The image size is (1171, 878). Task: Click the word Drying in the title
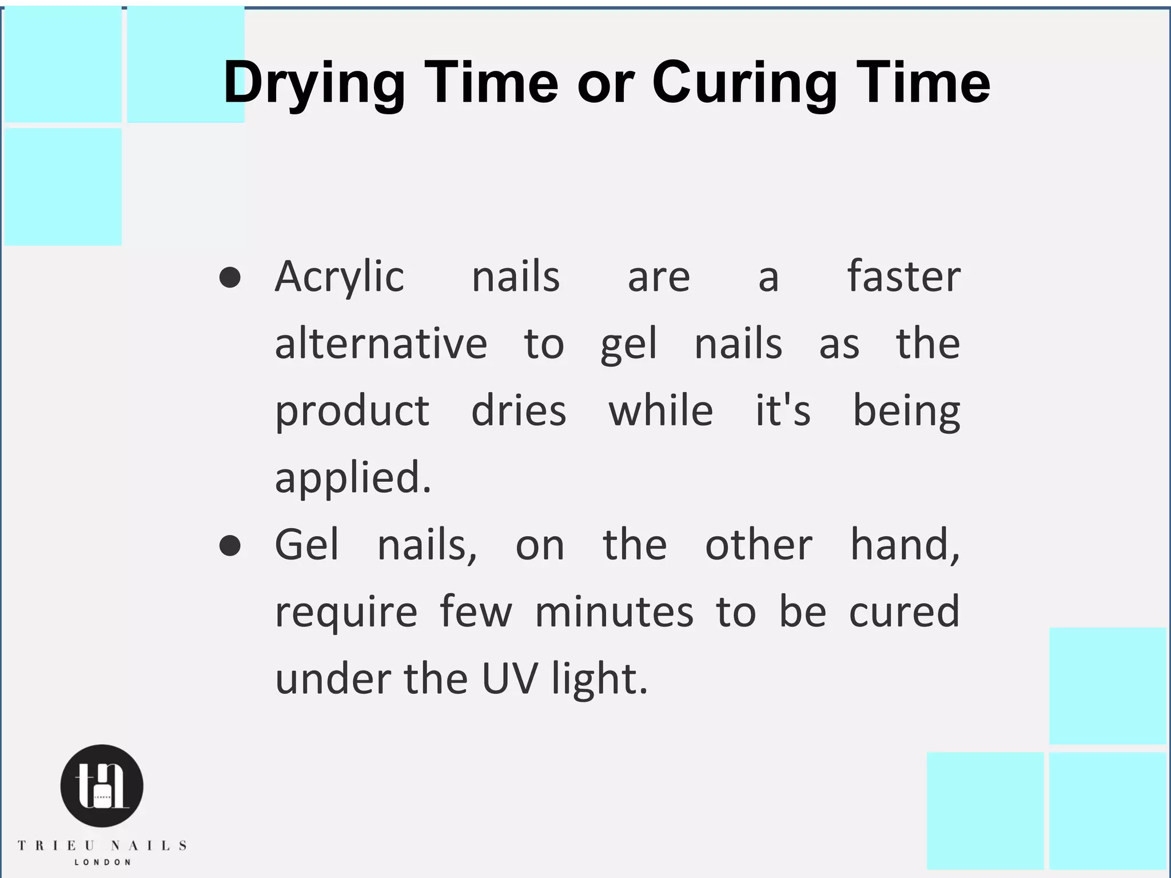(314, 83)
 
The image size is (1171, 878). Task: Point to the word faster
(903, 277)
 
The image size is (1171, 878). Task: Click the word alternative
(381, 344)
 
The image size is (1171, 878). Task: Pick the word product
(352, 412)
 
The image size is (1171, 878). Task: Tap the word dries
(518, 412)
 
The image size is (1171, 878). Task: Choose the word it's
(783, 412)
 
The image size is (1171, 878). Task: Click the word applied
(352, 478)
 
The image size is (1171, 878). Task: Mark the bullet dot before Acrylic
(230, 278)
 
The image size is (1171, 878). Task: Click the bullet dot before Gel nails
(230, 545)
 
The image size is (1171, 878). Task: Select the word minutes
(614, 612)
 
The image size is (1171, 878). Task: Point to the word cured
(904, 612)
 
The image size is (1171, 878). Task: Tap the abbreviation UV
(509, 679)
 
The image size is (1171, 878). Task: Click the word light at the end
(599, 679)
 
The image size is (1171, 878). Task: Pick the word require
(346, 612)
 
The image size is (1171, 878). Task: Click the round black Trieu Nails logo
(102, 785)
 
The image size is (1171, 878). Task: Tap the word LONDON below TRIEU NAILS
(102, 862)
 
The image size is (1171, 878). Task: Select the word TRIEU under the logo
(56, 845)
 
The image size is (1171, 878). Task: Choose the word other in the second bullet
(758, 545)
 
